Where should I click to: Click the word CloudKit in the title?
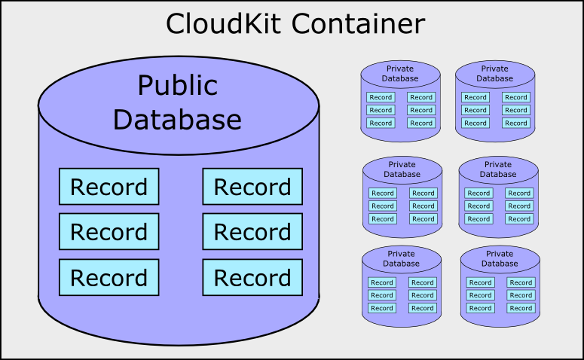pos(223,23)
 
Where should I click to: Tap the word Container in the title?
pos(358,23)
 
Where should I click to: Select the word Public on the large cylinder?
pos(178,86)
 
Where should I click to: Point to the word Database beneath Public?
pos(177,120)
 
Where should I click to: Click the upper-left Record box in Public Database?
pos(109,187)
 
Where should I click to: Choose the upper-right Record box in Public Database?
pos(252,187)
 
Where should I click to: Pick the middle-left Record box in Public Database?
pos(109,231)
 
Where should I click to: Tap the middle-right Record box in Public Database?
pos(252,231)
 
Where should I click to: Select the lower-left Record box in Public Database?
pos(109,278)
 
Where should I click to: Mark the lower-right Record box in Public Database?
pos(252,278)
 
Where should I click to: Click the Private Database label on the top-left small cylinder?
pos(400,73)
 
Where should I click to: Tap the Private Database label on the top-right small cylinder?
pos(494,73)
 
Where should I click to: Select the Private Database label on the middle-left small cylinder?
pos(402,169)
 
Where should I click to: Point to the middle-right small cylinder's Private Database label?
pos(498,169)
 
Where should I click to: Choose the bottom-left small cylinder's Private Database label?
pos(401,258)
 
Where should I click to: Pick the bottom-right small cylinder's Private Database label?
pos(500,258)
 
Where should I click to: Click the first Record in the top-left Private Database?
pos(381,97)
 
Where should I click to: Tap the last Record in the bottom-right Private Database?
pos(521,308)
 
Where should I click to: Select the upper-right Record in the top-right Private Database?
pos(516,97)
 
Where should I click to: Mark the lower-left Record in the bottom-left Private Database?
pos(382,308)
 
